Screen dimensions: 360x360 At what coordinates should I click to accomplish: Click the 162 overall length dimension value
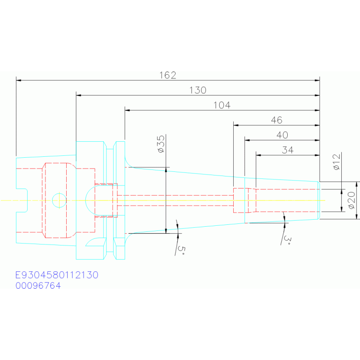click(168, 75)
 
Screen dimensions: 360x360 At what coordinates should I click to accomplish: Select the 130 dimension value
click(198, 90)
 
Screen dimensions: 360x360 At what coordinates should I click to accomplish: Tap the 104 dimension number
click(222, 105)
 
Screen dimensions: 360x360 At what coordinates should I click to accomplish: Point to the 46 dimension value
click(276, 120)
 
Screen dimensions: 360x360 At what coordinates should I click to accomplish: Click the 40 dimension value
click(282, 135)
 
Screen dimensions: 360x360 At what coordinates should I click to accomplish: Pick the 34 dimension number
click(288, 150)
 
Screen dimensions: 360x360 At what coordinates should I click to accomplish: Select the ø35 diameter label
click(161, 144)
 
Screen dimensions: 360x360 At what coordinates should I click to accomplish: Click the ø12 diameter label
click(337, 162)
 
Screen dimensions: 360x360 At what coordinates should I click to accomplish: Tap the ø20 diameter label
click(352, 200)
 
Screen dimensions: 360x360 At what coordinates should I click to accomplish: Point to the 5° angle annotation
click(181, 250)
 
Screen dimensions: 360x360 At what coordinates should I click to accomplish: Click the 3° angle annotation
click(287, 240)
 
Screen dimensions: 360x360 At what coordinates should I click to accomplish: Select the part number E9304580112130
click(57, 275)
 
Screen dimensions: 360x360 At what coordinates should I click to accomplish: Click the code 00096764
click(38, 286)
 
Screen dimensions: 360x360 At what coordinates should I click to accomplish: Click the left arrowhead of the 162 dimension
click(19, 80)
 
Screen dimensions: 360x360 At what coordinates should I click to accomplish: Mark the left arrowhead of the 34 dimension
click(259, 155)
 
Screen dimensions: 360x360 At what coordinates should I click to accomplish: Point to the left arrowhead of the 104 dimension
click(127, 110)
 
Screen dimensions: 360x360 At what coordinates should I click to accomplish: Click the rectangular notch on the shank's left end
click(22, 200)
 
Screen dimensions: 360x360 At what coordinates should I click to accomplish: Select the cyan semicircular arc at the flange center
click(85, 200)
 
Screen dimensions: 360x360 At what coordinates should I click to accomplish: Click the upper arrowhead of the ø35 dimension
click(166, 169)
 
